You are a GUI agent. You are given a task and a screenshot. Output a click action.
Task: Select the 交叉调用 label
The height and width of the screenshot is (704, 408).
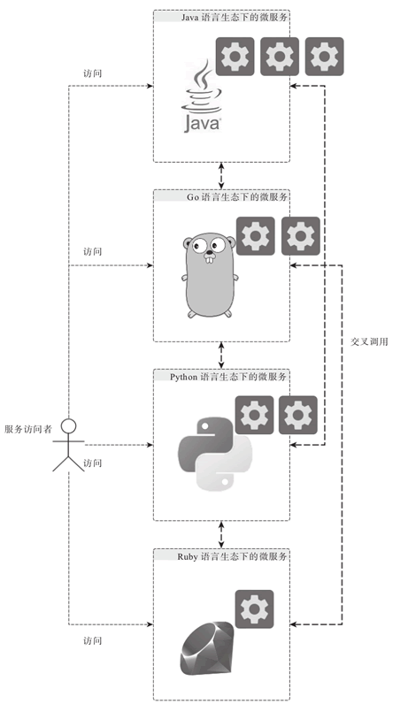pyautogui.click(x=369, y=341)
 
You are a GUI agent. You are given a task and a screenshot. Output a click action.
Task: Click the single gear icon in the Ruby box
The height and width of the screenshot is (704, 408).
pyautogui.click(x=254, y=608)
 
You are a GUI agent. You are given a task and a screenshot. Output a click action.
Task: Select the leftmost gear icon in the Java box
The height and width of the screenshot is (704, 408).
pyautogui.click(x=235, y=57)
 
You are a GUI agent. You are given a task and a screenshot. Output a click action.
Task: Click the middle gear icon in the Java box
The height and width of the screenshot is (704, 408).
pyautogui.click(x=280, y=57)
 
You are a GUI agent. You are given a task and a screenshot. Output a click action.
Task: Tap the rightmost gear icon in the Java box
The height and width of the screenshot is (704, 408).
pyautogui.click(x=324, y=57)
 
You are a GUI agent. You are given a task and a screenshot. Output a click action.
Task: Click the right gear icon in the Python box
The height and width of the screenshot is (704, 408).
pyautogui.click(x=297, y=414)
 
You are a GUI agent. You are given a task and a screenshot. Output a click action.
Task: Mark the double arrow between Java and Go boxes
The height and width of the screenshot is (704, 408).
pyautogui.click(x=221, y=175)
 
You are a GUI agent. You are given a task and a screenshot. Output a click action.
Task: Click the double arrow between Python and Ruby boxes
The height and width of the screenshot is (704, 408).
pyautogui.click(x=221, y=533)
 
